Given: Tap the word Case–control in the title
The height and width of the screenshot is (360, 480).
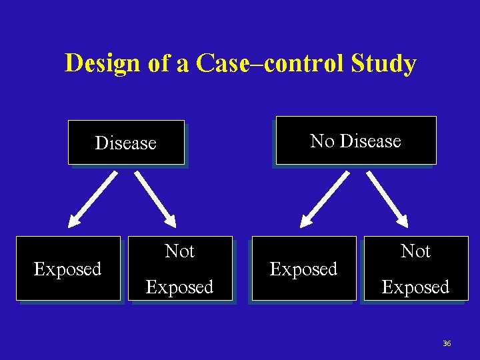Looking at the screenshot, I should click(x=266, y=65).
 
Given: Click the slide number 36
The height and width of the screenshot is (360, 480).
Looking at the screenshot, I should click(x=447, y=343).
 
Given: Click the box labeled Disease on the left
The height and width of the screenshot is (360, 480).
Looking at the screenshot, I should click(x=126, y=143).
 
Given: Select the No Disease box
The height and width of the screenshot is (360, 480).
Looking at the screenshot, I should click(x=355, y=141).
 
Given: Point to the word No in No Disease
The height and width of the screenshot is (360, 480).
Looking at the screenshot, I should click(x=323, y=141).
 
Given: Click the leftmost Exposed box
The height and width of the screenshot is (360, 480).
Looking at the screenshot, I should click(x=68, y=269).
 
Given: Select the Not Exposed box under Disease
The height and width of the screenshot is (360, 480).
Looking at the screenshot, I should click(x=180, y=269).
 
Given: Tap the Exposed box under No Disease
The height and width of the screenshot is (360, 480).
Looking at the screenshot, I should click(x=303, y=269).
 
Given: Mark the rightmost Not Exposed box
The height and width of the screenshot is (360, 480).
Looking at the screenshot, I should click(x=415, y=269).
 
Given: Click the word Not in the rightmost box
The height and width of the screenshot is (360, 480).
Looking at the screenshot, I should click(x=415, y=251).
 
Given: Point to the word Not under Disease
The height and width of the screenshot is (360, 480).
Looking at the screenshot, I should click(x=179, y=251).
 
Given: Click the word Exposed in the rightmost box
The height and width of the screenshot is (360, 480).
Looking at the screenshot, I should click(x=415, y=287).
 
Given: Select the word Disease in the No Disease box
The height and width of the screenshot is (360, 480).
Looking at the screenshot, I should click(x=370, y=141).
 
